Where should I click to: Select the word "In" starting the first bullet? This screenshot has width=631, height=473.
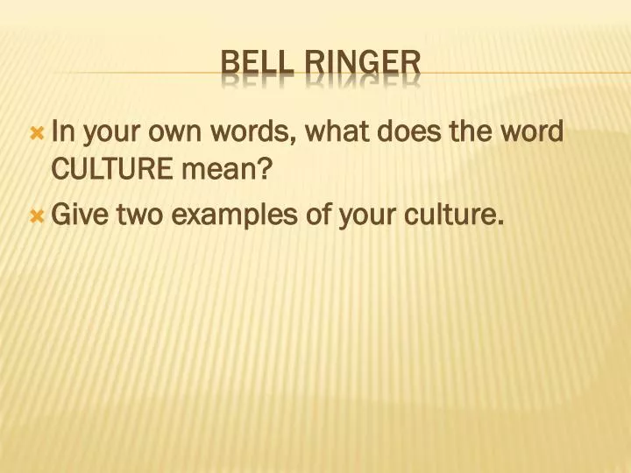pyautogui.click(x=61, y=132)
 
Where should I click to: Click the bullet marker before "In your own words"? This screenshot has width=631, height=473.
pyautogui.click(x=36, y=134)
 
